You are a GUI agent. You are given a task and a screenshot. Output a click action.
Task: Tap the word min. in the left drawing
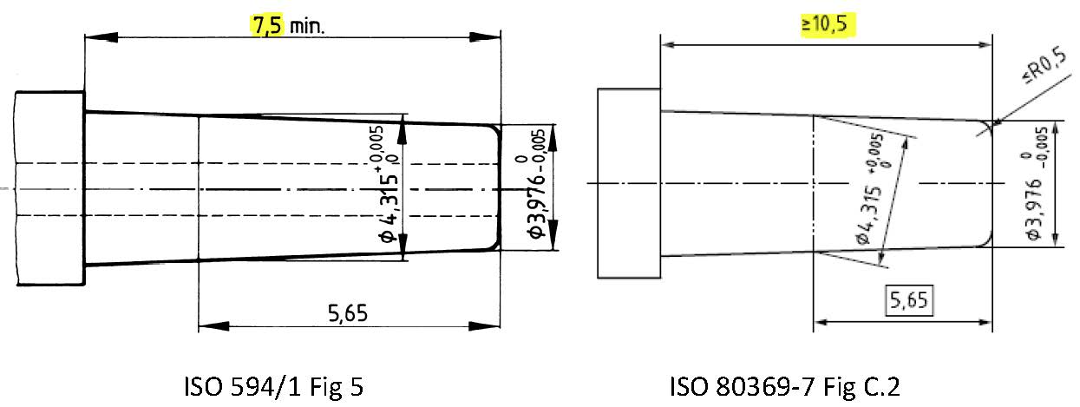tap(306, 27)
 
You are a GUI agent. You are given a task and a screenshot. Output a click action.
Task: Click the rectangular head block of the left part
tap(50, 188)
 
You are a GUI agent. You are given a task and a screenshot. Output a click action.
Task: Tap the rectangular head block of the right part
tap(628, 183)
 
